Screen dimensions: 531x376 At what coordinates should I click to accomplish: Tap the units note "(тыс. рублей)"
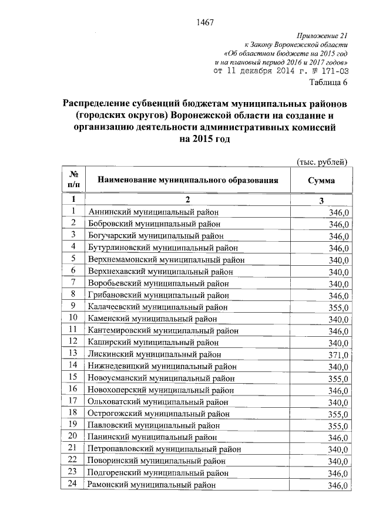click(321, 162)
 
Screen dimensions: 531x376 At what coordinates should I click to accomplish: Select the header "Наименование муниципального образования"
click(187, 181)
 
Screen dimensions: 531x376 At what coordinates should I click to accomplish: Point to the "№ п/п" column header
click(74, 181)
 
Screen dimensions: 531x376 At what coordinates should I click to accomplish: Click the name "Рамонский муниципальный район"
click(152, 485)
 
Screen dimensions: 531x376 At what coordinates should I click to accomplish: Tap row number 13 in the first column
click(73, 353)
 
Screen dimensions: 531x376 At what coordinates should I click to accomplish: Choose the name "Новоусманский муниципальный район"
click(162, 377)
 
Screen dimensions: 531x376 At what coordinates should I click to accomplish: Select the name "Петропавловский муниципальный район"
click(164, 449)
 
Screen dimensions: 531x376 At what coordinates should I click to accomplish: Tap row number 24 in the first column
click(73, 485)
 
